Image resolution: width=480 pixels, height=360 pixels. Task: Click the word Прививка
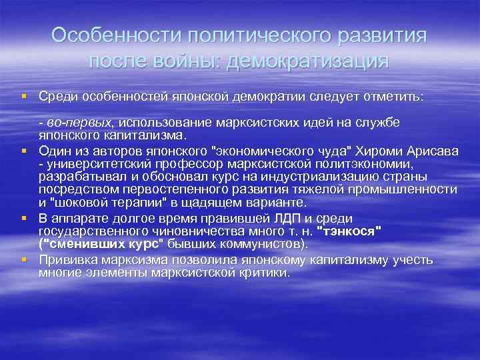tap(67, 259)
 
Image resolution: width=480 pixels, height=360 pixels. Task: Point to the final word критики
tap(265, 273)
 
